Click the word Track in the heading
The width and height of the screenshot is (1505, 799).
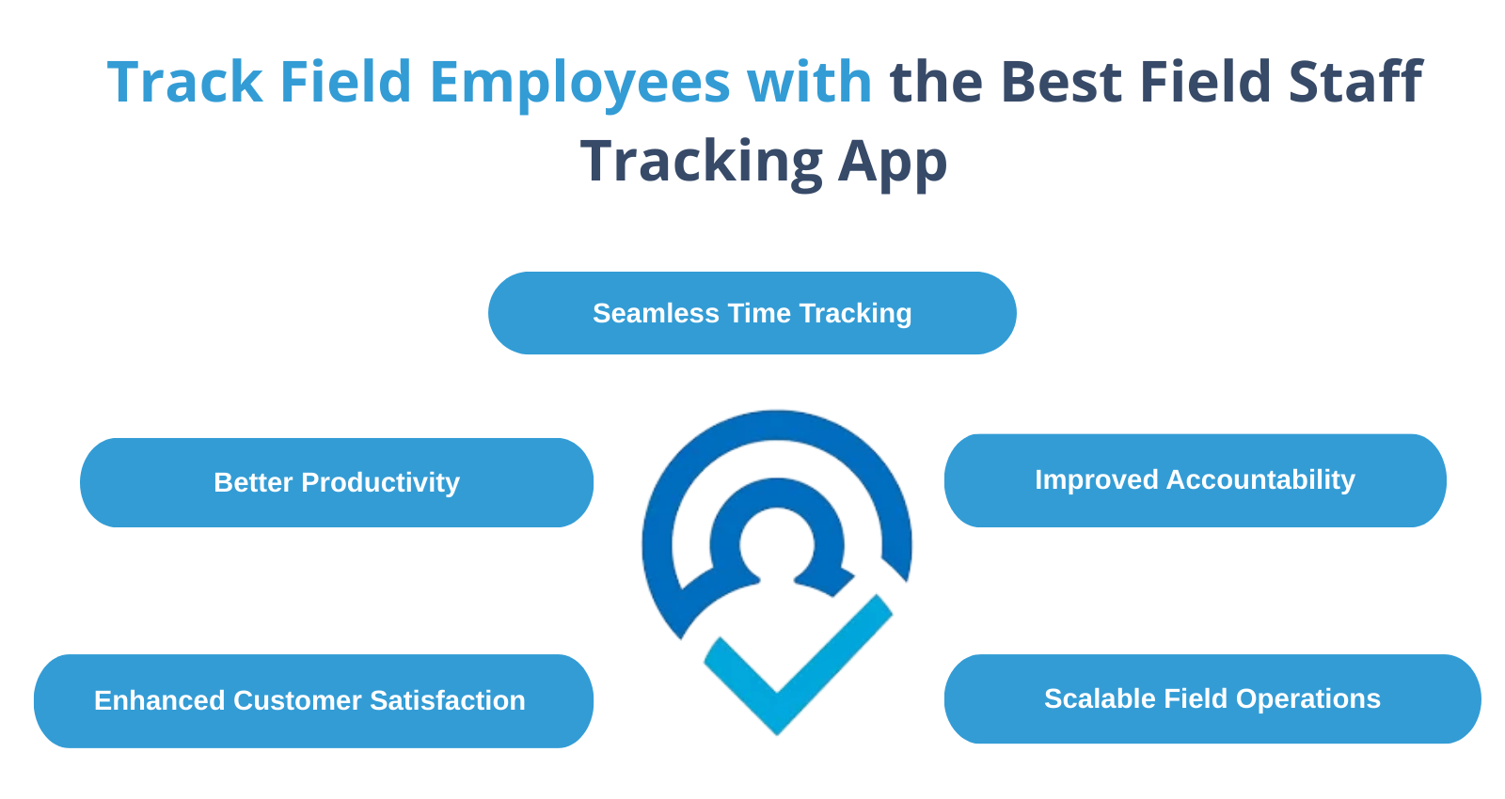pos(184,82)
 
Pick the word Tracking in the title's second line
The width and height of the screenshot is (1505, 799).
pos(702,164)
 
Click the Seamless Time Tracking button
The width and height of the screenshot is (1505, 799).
pos(752,313)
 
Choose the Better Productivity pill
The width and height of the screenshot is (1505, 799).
pos(337,482)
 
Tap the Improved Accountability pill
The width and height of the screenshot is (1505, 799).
pos(1195,480)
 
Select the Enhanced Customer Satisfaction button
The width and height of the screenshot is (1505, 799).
pos(313,700)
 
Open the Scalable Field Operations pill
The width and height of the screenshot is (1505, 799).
pos(1212,698)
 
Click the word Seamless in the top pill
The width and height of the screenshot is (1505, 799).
pos(656,314)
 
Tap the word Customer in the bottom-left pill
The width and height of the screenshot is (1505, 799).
pos(296,700)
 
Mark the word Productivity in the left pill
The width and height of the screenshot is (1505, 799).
pos(380,483)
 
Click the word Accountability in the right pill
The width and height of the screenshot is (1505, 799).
pos(1260,480)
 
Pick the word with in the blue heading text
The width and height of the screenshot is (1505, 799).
pos(809,82)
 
